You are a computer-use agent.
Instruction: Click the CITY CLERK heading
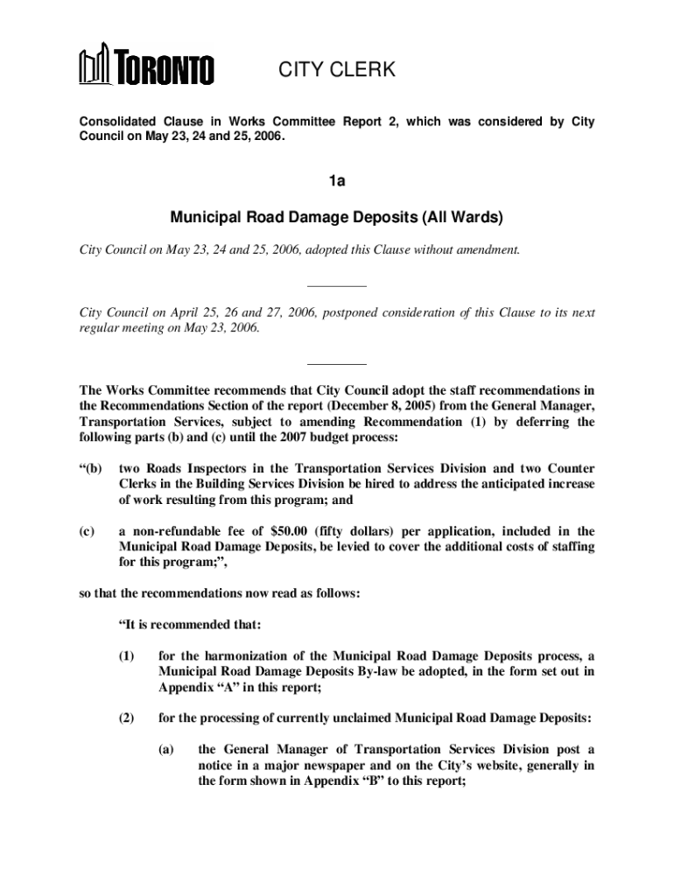tap(337, 70)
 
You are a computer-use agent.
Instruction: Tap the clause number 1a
tap(337, 182)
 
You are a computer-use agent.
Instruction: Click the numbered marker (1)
tap(127, 655)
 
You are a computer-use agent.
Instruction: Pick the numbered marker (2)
tap(127, 718)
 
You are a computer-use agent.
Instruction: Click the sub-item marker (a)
tap(166, 750)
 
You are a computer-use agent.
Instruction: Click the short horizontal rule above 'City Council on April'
tap(337, 286)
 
